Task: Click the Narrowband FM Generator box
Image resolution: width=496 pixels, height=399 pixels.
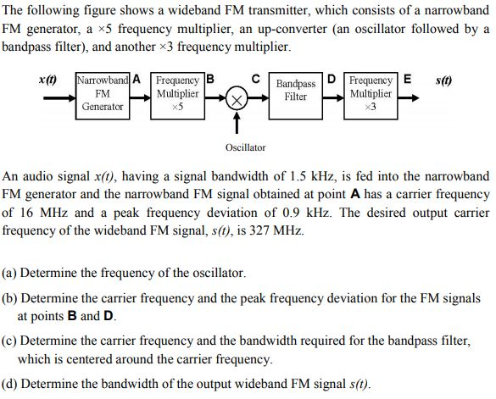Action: click(x=103, y=93)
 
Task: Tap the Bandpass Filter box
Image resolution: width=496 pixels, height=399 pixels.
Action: click(x=296, y=91)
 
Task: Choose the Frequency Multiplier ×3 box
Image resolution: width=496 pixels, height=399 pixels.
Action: click(x=371, y=93)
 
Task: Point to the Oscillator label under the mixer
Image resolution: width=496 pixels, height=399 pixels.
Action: click(x=246, y=147)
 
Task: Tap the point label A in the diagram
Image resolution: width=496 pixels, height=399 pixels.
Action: click(x=136, y=80)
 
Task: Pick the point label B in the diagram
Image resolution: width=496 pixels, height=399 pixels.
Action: click(x=211, y=80)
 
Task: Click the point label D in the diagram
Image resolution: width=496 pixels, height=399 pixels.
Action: click(x=332, y=80)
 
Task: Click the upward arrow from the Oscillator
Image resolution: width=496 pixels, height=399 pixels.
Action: click(x=237, y=125)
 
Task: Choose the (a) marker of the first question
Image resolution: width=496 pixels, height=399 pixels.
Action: click(x=11, y=274)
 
